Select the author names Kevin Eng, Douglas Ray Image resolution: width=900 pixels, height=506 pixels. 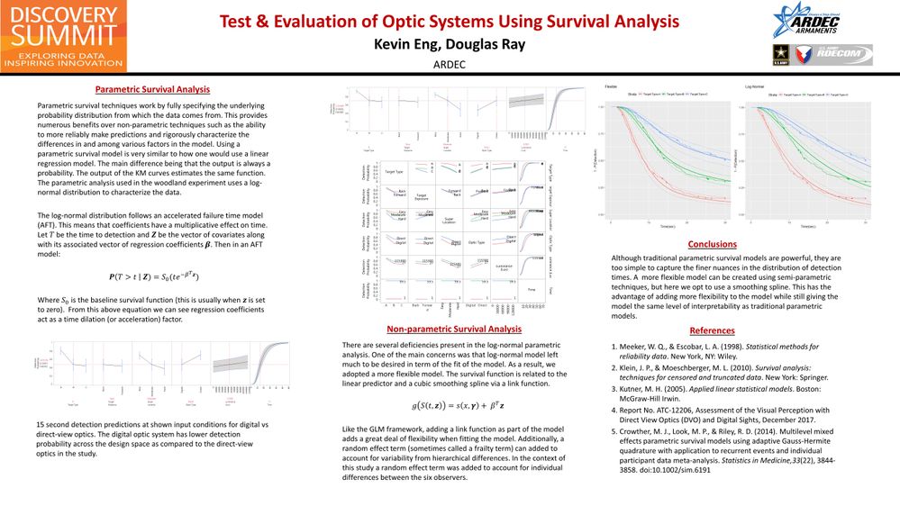click(450, 44)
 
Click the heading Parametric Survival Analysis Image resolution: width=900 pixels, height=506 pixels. click(153, 89)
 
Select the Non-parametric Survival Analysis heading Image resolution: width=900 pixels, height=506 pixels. click(453, 330)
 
